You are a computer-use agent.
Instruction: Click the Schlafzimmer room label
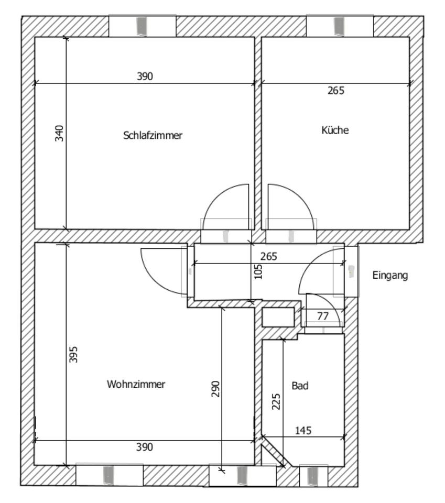153,135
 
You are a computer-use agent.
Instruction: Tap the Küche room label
335,130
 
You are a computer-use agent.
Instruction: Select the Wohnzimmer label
136,384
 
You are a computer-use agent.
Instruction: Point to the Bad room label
300,385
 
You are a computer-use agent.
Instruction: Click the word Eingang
390,276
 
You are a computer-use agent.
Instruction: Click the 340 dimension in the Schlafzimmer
59,133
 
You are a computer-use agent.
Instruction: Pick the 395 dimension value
73,355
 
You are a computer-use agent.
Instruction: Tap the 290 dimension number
215,389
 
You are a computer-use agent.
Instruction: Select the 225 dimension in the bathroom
276,402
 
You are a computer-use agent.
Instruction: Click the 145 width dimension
303,430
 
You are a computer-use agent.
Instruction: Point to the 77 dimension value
323,316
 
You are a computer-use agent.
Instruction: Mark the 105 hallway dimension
258,271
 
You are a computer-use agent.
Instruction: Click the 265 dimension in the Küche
336,91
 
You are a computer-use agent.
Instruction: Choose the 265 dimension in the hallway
268,256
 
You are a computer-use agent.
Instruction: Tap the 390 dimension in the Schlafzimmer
145,76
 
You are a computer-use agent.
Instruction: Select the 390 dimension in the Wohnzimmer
144,447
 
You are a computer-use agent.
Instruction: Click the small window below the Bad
313,476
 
